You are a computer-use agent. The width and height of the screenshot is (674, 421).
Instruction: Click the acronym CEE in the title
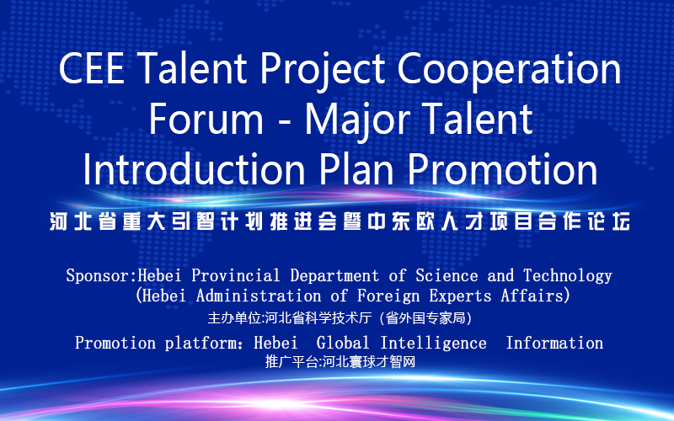91,68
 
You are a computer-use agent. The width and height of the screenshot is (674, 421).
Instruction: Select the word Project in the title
323,72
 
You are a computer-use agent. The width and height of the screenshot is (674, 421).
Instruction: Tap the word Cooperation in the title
509,72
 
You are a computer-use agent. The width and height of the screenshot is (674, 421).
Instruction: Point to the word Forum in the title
206,119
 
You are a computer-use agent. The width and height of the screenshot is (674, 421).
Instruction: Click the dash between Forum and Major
284,123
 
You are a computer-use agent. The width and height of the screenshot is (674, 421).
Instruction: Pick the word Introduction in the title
195,169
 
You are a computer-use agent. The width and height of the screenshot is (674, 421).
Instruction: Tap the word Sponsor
98,276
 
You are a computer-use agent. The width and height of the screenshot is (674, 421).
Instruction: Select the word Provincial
236,275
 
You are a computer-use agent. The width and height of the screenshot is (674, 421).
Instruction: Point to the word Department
334,276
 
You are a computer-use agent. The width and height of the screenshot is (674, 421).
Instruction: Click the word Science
447,275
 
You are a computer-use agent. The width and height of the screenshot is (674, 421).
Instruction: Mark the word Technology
568,276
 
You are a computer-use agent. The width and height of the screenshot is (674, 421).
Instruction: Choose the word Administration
259,296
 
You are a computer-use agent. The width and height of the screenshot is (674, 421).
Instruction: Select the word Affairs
532,296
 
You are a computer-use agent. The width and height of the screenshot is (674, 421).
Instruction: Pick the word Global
343,344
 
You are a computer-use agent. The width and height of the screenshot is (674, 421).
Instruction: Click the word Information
554,344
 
